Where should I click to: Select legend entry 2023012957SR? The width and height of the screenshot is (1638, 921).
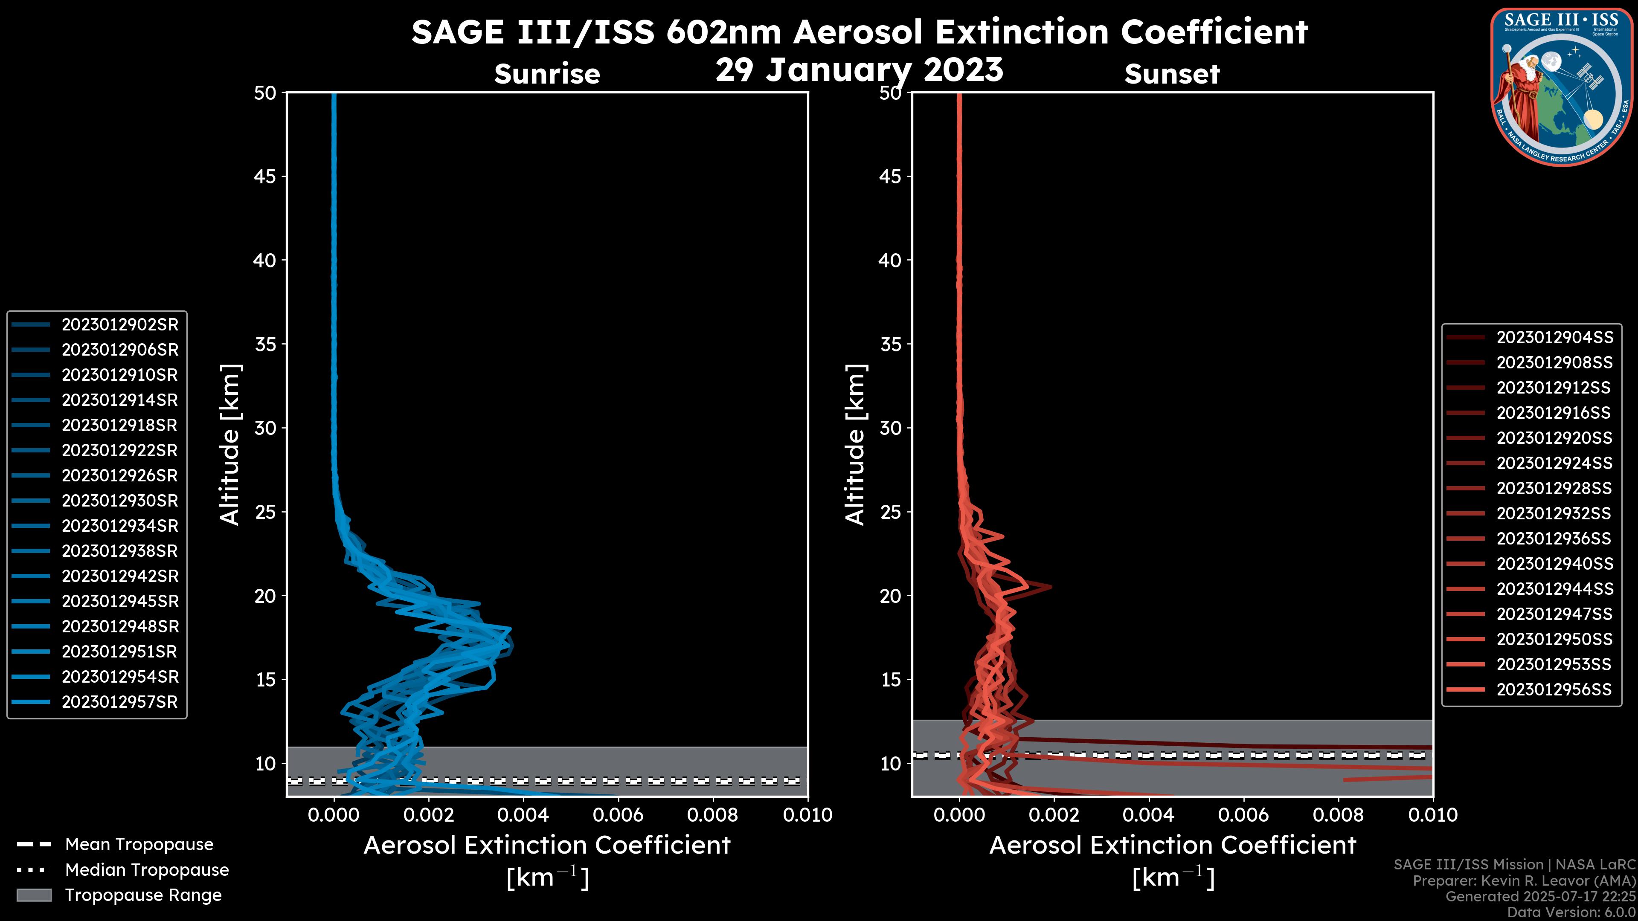tap(119, 702)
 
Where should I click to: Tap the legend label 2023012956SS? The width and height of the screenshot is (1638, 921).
tap(1554, 689)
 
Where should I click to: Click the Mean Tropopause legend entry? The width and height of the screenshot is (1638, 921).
tap(139, 845)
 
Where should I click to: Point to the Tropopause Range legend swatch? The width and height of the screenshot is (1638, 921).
tap(34, 895)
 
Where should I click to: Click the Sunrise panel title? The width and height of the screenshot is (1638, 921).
tap(547, 74)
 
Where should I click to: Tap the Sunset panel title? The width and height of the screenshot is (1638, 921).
tap(1172, 74)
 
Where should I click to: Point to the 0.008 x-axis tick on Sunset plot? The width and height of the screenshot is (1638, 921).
tap(1339, 815)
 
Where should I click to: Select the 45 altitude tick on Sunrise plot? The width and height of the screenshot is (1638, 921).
tap(264, 177)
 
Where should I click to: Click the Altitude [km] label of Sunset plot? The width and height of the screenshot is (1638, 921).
tap(855, 445)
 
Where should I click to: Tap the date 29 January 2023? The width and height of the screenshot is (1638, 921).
tap(859, 70)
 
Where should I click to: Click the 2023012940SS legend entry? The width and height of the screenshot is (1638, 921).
tap(1554, 564)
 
